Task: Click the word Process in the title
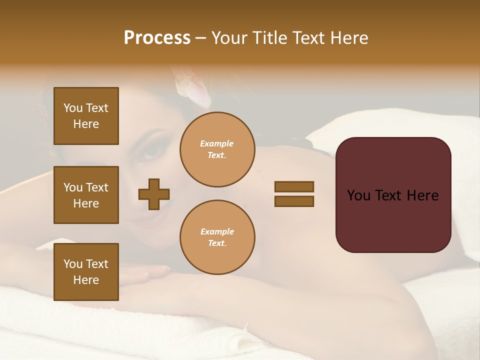(157, 38)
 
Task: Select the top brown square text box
(86, 116)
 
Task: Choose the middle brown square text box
(86, 195)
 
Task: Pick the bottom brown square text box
(86, 272)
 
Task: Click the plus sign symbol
(154, 194)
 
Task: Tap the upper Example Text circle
(217, 149)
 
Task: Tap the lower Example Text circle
(217, 237)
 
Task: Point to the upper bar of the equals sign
(294, 186)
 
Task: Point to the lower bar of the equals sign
(294, 201)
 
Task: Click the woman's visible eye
(149, 150)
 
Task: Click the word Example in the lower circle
(217, 231)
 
